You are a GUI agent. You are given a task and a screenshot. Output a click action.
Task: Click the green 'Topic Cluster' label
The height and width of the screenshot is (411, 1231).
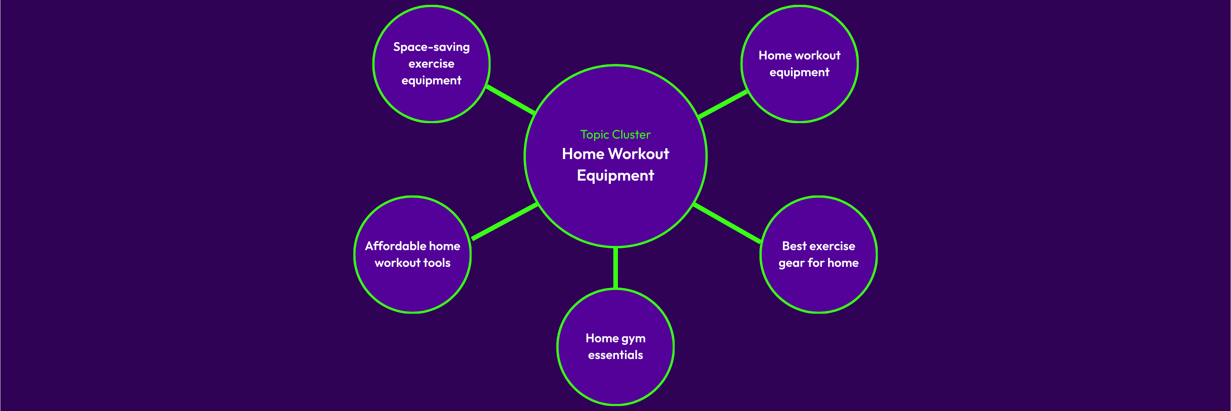615,135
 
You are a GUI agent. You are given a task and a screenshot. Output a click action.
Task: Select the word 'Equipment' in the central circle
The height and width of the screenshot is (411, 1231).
615,175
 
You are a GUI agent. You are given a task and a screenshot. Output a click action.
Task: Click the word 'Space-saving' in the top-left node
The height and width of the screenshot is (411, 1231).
431,47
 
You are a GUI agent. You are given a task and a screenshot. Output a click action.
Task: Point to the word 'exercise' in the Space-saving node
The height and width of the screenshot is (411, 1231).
431,64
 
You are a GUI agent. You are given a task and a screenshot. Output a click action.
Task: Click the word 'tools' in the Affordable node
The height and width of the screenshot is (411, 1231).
437,263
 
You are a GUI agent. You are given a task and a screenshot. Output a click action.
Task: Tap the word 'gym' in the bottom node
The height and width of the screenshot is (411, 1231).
633,339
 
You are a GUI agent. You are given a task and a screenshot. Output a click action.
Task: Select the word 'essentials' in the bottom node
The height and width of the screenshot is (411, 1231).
615,355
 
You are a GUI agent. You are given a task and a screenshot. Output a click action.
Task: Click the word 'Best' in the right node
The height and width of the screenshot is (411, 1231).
794,246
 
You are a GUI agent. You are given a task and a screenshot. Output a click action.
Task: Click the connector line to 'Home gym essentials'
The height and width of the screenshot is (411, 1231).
615,268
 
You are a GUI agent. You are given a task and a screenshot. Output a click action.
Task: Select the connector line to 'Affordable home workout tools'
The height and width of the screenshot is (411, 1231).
505,221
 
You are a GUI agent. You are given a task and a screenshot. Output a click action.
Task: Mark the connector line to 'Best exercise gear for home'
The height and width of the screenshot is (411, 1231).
726,223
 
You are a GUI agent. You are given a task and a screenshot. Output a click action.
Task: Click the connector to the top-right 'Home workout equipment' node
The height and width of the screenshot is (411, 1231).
723,104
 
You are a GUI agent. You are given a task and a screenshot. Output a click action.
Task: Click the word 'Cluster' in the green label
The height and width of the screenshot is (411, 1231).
631,135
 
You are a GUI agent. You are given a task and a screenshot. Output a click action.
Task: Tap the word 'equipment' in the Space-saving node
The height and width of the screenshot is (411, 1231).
431,80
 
